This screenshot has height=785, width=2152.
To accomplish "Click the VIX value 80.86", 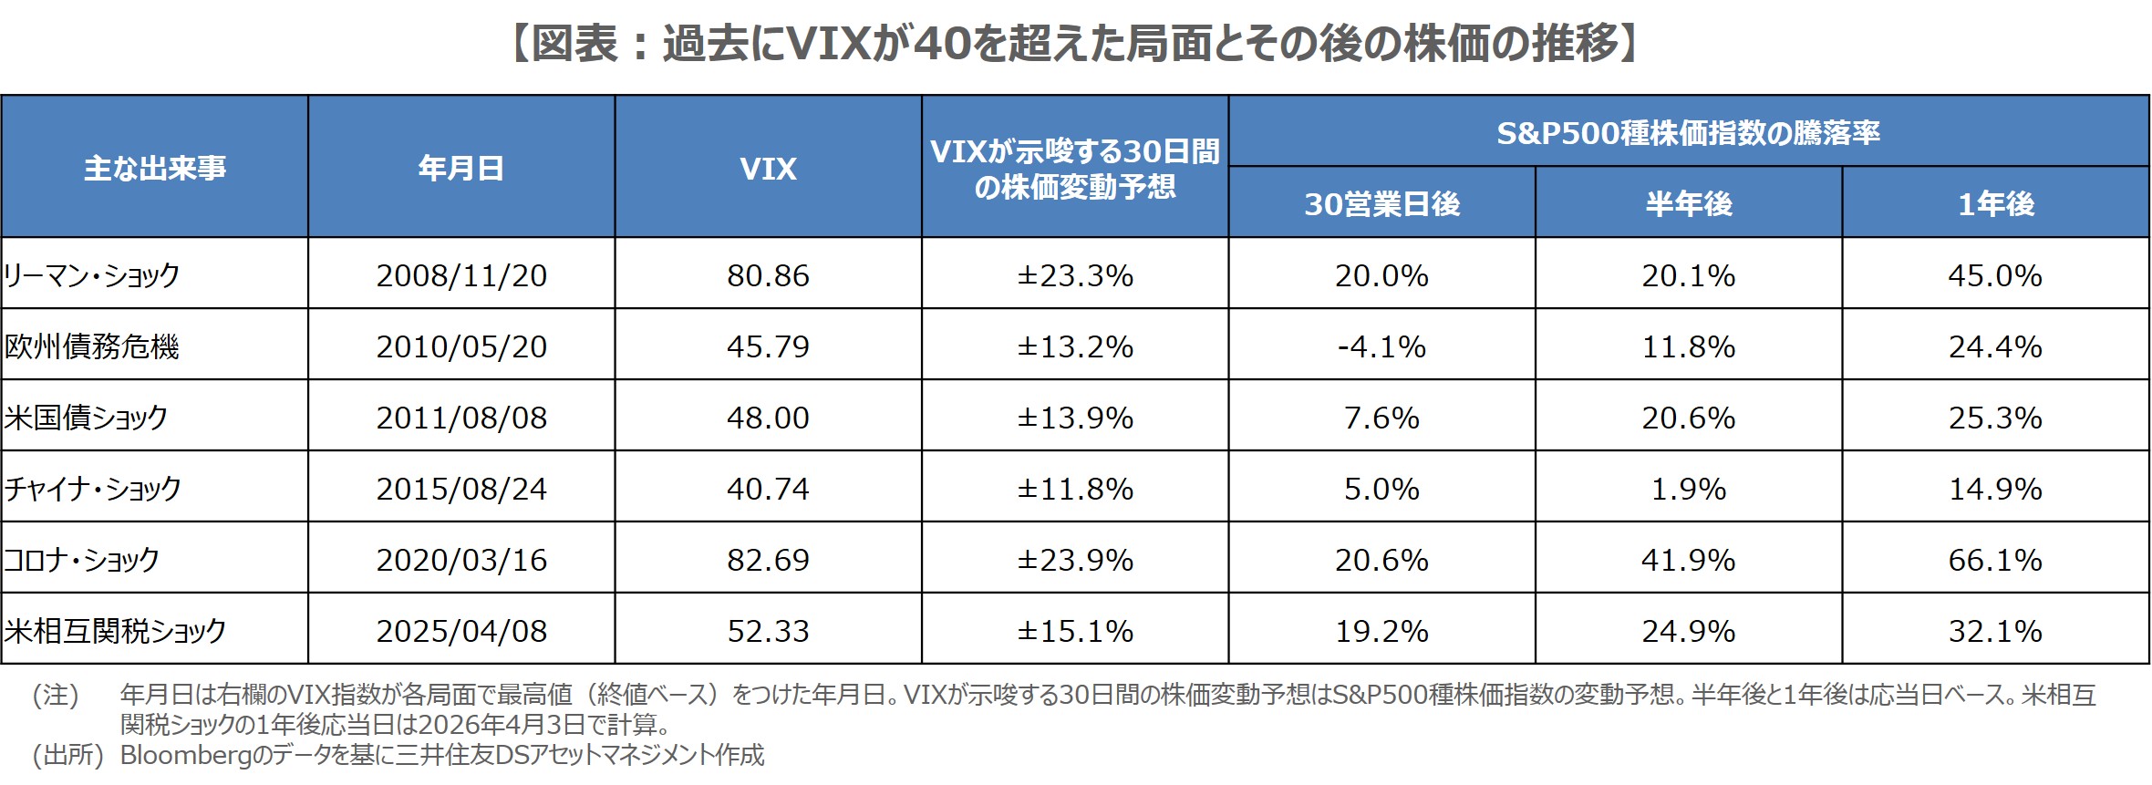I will pos(768,275).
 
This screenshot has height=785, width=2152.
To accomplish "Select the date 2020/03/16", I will pos(461,560).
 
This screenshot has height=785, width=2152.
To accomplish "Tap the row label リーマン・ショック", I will pos(92,275).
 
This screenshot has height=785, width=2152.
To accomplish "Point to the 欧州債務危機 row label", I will pos(92,346).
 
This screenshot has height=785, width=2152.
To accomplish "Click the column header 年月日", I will pos(461,169).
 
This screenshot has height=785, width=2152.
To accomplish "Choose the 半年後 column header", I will pos(1689,204).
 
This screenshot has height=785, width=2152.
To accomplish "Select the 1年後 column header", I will pos(1995,204).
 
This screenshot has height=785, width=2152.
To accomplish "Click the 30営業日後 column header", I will pos(1381,204).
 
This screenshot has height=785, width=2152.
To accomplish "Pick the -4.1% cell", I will pos(1381,346).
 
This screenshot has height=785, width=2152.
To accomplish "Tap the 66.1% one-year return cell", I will pos(1995,560).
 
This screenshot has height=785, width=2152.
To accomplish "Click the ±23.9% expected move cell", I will pos(1075,560).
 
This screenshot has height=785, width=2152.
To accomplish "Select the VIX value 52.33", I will pos(768,631).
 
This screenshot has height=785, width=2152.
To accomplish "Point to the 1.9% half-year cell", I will pos(1689,489).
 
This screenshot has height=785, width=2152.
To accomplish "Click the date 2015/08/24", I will pos(461,489).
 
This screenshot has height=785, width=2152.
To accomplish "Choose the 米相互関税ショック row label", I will pos(115,631).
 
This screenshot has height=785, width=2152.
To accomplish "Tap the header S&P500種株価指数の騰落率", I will pos(1689,133).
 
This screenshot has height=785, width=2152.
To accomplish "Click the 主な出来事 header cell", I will pos(155,169).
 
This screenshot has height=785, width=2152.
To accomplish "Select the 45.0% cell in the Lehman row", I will pos(1995,275).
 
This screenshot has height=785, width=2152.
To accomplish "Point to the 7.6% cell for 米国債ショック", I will pos(1381,418).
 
